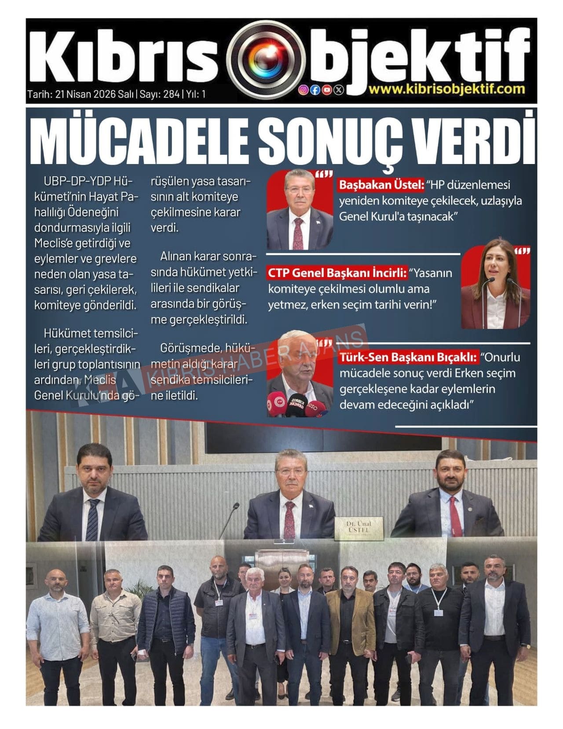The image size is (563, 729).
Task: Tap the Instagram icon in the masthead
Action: pos(303,90)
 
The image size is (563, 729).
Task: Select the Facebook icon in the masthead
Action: pos(315,90)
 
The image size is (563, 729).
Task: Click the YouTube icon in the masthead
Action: pos(326,90)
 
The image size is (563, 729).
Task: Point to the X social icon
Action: pos(338,90)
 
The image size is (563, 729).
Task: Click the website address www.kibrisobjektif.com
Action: pos(446,89)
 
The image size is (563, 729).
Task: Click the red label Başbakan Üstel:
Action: pos(381,185)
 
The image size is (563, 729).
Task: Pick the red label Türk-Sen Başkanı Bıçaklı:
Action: pos(408,357)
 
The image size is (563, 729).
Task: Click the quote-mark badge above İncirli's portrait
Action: pos(522,251)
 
